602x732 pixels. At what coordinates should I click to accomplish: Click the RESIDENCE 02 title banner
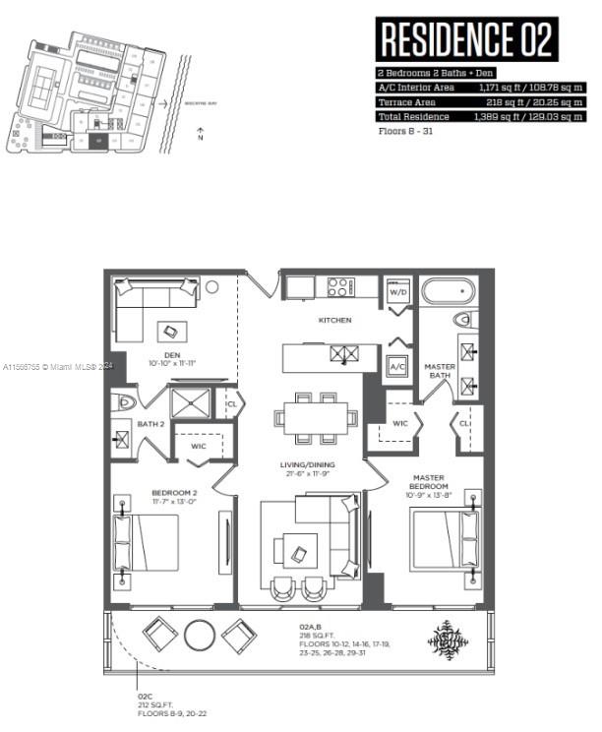(466, 39)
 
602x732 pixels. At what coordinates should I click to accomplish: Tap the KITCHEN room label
(334, 321)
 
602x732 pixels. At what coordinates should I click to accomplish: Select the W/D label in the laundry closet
(398, 291)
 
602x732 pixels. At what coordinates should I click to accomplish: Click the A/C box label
(397, 366)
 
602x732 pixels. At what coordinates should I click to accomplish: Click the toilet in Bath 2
(125, 401)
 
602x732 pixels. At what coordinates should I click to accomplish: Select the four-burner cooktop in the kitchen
(339, 287)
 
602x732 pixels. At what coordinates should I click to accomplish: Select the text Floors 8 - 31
(406, 130)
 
